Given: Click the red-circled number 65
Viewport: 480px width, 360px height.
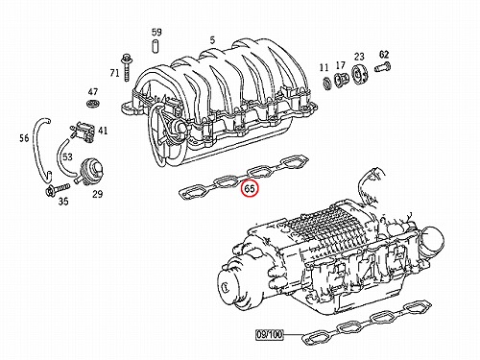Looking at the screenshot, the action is click(x=250, y=189).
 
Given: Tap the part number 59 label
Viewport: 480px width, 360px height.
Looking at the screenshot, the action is click(x=156, y=32).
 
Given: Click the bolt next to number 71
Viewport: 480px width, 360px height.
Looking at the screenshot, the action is click(x=125, y=68).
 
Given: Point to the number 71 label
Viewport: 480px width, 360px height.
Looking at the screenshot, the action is click(x=114, y=73).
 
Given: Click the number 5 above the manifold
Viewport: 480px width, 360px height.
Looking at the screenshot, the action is click(x=212, y=40).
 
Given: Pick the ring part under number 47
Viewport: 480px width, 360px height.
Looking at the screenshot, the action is click(x=93, y=104).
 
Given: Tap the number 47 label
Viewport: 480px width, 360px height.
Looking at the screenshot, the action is click(x=93, y=92).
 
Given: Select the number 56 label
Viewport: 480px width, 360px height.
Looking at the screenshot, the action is click(x=24, y=138).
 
